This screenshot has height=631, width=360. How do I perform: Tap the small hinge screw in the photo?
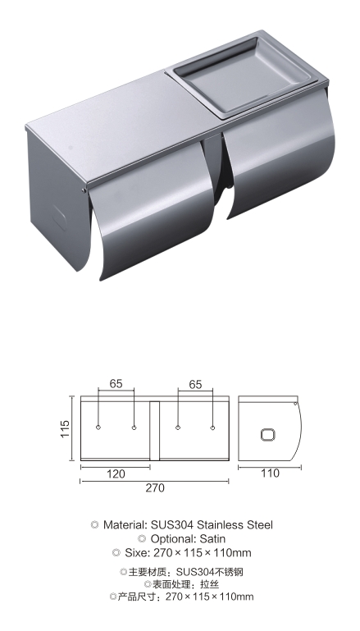pos(84,190)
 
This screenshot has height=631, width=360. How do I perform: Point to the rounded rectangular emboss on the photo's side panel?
pos(60,219)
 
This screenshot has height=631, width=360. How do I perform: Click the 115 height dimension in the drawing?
pos(66,429)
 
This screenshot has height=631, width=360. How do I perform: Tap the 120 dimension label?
pos(116,474)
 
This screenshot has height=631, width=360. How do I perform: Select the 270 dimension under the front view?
pos(155,487)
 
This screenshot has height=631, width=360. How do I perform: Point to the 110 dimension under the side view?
pos(270,473)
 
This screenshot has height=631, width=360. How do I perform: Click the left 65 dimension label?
pos(116,384)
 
